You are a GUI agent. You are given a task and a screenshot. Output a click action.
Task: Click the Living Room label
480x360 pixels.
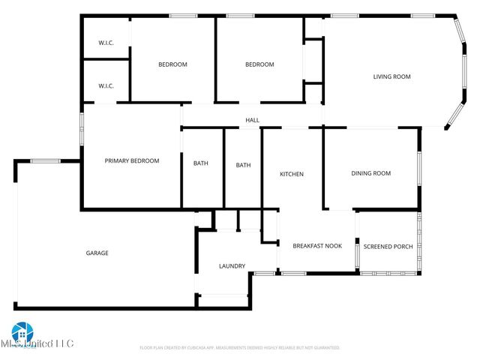pos(392,76)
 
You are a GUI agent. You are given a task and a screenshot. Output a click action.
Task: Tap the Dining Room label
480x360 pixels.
pos(371,173)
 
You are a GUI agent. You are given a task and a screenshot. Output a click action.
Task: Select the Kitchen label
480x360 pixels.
pos(292,174)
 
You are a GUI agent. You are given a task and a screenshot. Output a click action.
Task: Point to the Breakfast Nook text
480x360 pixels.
pos(316,246)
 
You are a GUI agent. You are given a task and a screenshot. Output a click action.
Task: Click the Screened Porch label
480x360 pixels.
pos(388,246)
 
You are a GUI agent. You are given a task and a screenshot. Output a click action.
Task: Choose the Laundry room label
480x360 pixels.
pos(232,266)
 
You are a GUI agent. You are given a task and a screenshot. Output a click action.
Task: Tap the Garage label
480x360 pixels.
pos(97,253)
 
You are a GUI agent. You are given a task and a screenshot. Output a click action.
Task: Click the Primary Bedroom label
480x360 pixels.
pos(132,160)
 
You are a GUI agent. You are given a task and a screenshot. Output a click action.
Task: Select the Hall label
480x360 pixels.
pos(253,120)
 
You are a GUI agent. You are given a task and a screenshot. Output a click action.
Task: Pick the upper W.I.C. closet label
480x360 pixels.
pos(106,43)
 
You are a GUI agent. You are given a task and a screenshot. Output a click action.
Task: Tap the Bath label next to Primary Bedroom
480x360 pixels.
pos(201,163)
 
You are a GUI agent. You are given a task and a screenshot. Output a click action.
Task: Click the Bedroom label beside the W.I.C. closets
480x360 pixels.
pos(172,64)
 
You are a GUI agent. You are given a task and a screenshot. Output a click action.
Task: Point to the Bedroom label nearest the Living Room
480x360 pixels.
pos(259,64)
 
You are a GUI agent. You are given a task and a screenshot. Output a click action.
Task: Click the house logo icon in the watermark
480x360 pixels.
pos(22,331)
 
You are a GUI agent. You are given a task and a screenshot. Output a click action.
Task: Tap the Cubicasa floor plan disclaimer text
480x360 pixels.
pos(240,348)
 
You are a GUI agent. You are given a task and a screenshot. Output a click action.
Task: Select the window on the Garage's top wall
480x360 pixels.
pos(46,160)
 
